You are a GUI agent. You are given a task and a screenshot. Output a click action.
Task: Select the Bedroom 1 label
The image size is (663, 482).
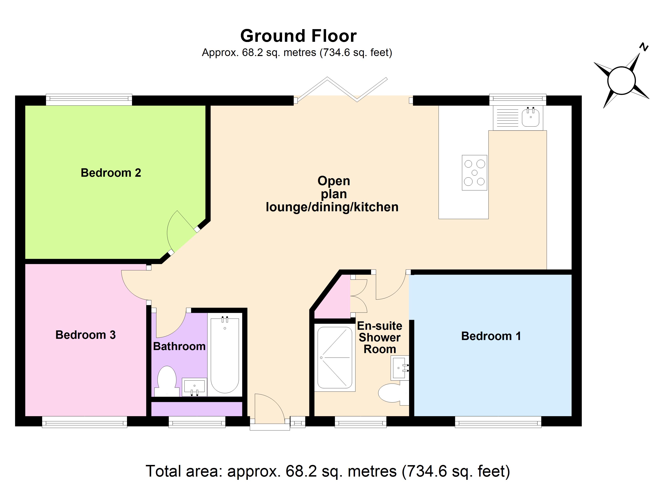pyautogui.click(x=491, y=336)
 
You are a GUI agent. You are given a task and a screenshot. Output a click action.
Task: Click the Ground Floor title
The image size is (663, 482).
pyautogui.click(x=298, y=36)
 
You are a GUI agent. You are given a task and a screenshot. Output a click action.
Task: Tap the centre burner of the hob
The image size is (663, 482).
pyautogui.click(x=475, y=173)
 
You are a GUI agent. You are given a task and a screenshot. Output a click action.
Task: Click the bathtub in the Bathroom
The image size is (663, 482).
pyautogui.click(x=225, y=355)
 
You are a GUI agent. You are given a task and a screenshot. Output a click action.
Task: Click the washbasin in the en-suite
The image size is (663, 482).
pyautogui.click(x=399, y=368)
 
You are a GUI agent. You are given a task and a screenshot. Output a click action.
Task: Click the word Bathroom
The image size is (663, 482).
pyautogui.click(x=179, y=346)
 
